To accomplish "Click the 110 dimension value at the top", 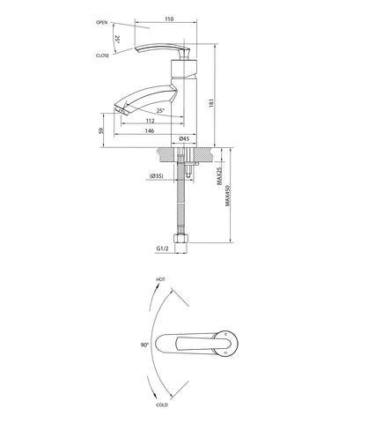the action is (x=169, y=19).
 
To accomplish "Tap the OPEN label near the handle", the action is (x=102, y=22).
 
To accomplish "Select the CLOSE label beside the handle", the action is (x=102, y=56).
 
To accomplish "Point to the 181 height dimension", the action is (x=211, y=102).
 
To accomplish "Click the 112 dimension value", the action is (x=150, y=121).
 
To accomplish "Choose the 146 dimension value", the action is (x=150, y=131).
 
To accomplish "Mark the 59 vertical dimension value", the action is (x=101, y=130).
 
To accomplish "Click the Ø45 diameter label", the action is (x=184, y=138).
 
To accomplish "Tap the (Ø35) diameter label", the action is (x=156, y=176).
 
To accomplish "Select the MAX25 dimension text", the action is (x=219, y=176).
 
